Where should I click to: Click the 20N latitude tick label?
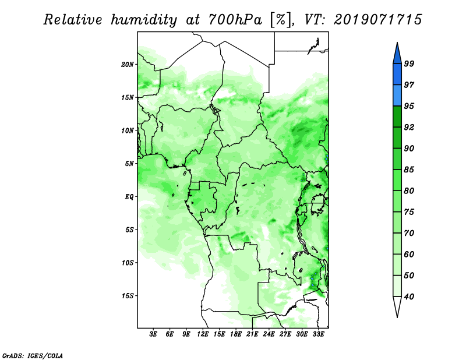click(128, 64)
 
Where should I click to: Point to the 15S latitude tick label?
click(128, 295)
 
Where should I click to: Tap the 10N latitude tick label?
click(128, 130)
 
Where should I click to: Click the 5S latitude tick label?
click(130, 230)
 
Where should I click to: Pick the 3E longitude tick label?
click(154, 334)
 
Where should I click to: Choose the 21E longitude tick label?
click(252, 334)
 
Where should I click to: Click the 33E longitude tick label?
click(318, 334)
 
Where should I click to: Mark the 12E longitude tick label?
click(203, 334)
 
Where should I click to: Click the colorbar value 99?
click(409, 63)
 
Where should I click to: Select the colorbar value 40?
click(409, 297)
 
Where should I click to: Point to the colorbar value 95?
click(409, 106)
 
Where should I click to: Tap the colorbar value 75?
click(409, 212)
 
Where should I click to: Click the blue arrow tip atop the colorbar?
click(397, 45)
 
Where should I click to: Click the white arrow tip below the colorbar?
click(397, 315)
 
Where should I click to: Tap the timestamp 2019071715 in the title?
click(378, 20)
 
